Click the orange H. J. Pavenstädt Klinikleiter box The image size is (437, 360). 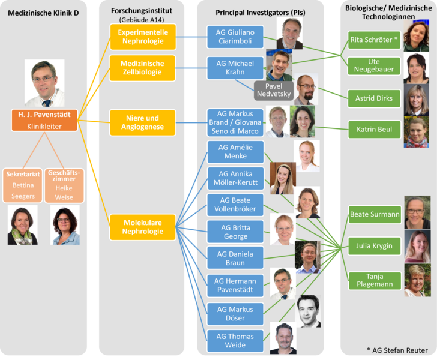point(44,120)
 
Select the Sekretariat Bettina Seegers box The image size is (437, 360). point(22,185)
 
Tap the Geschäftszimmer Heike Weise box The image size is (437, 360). point(64,185)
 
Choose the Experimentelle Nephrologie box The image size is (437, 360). point(143,37)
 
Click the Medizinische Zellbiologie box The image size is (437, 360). point(143,68)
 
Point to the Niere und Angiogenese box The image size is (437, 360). point(143,122)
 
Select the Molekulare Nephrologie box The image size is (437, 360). point(143,227)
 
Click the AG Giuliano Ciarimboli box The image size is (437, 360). point(235,37)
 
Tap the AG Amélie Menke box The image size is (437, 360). point(235,152)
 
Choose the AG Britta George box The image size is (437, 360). point(235,232)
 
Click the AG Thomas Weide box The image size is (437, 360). point(235,341)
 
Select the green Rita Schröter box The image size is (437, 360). point(374,40)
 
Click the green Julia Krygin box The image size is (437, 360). point(374,245)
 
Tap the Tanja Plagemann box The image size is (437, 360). point(374,280)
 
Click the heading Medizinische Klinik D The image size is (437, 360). point(44,13)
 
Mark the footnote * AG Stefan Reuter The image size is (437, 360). point(397,350)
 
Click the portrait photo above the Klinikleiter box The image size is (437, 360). point(44,83)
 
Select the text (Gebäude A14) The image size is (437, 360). point(142,20)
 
